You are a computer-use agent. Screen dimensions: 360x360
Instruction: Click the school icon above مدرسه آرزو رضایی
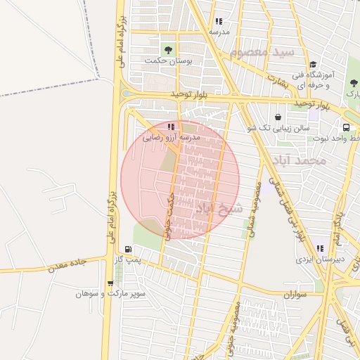pos(172,127)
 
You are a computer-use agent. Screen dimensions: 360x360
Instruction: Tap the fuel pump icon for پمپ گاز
pos(127,250)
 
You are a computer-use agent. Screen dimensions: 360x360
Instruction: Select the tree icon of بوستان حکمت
pos(167,50)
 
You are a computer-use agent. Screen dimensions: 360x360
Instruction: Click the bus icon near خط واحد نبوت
pos(347,127)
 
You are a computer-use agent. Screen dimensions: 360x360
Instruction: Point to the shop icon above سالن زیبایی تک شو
pos(278,117)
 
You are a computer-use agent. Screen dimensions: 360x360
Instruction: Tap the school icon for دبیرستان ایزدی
pos(320,248)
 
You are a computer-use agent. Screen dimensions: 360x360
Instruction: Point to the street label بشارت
pos(281,82)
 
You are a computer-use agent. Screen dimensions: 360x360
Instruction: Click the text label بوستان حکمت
pos(169,61)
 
